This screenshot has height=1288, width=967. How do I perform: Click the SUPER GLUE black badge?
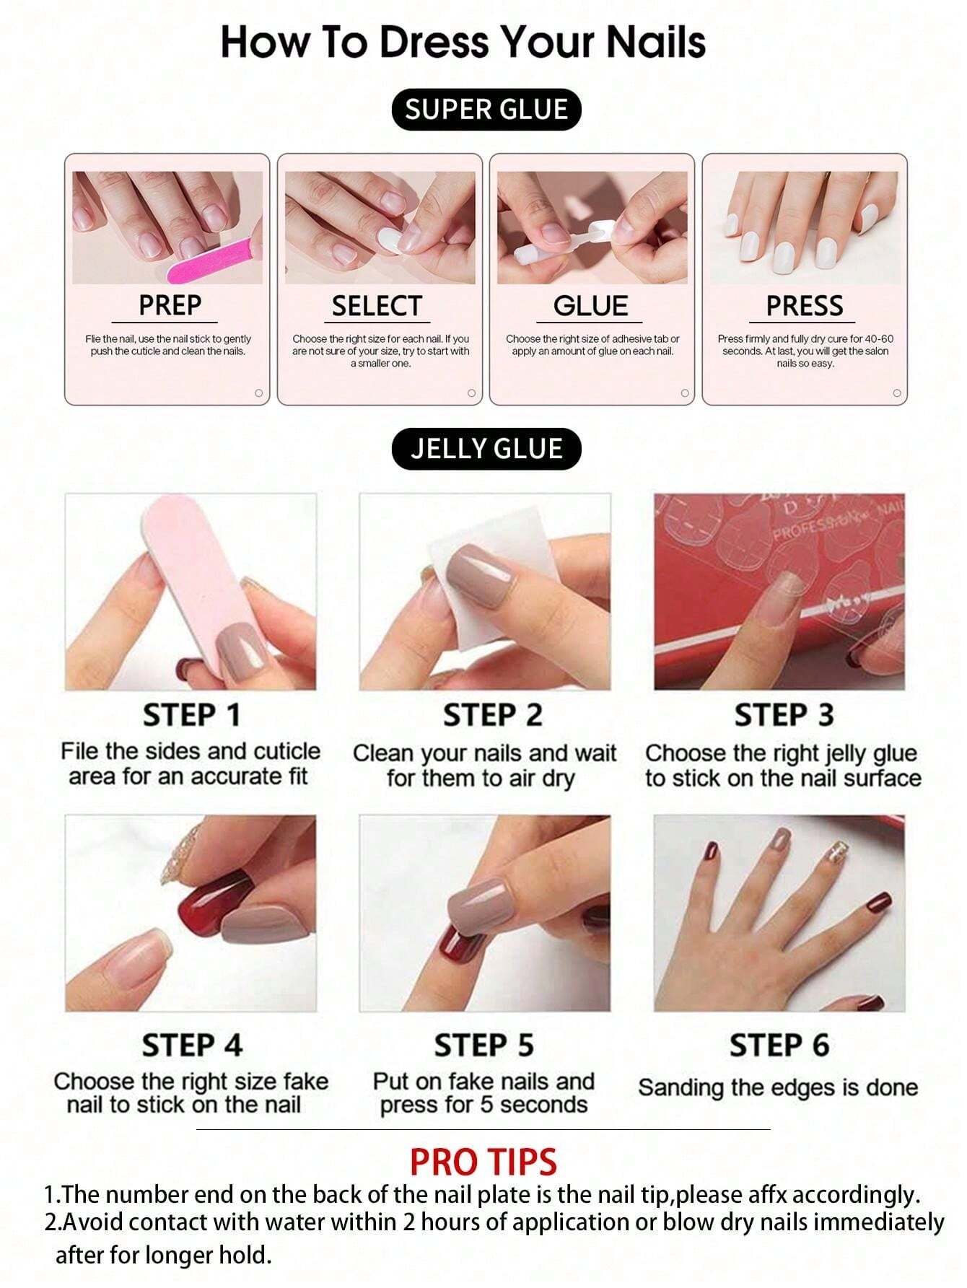(486, 110)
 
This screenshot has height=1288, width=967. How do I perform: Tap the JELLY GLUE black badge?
(486, 449)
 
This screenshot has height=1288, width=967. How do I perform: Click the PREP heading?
(170, 305)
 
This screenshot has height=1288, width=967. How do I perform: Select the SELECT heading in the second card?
(376, 306)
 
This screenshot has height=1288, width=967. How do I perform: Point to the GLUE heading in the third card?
(590, 306)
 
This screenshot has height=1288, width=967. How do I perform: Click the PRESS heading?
(804, 306)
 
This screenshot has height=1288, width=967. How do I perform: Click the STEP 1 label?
(191, 715)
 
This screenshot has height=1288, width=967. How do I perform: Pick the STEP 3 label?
(784, 715)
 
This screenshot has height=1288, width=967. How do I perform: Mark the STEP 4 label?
(192, 1045)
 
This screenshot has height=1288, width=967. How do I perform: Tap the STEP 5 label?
(483, 1045)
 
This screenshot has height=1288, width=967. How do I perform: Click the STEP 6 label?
(779, 1045)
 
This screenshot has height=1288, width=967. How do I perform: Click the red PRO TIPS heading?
(483, 1162)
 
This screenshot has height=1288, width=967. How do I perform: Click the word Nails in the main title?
(655, 42)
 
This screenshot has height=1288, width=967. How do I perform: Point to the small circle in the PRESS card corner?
(897, 393)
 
